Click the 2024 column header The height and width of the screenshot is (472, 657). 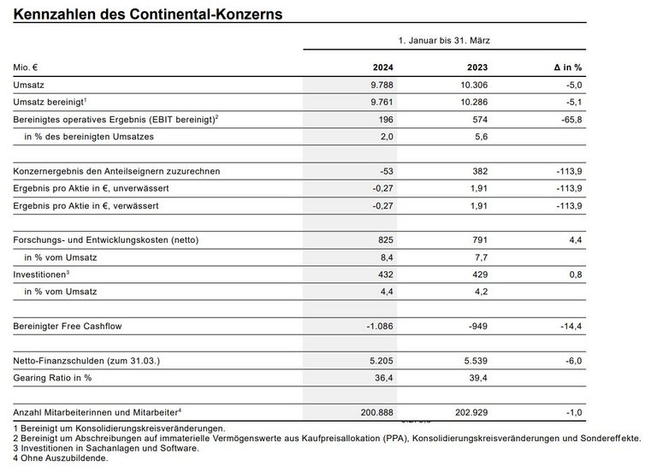[x=382, y=67]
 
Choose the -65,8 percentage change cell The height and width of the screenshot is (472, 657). [x=568, y=120]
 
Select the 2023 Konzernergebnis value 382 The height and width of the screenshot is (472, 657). [x=480, y=171]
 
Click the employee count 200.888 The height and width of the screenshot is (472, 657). [x=374, y=413]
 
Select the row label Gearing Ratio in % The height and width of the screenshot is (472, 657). [x=52, y=378]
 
